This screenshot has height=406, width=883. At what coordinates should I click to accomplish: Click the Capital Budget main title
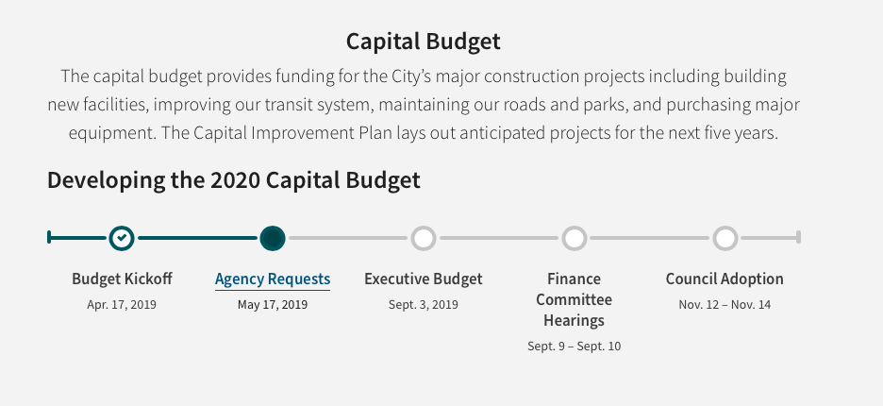coord(423,42)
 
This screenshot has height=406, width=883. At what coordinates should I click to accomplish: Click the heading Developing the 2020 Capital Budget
coord(234,180)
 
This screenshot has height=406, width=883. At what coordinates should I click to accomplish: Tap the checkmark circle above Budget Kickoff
coord(122,238)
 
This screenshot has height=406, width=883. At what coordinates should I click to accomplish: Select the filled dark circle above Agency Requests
coord(273,238)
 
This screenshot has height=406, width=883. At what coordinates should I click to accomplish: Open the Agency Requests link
coord(273,279)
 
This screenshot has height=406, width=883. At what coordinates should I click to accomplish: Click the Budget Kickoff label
coord(122,279)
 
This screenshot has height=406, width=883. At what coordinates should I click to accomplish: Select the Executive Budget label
coord(424,279)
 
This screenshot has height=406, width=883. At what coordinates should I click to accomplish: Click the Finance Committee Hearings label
coord(575,299)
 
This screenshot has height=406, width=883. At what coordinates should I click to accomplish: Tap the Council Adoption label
coord(725,279)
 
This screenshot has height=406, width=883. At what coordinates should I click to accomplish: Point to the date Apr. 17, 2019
coord(122,304)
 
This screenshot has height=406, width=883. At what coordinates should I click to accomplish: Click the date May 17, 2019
coord(273,304)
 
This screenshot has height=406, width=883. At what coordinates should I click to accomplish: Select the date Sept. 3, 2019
coord(424,304)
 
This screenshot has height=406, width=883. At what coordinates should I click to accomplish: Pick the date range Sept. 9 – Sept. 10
coord(575,347)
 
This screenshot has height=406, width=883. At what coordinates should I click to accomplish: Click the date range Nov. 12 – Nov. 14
coord(725,304)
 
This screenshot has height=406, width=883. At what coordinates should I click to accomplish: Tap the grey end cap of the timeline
coord(798,237)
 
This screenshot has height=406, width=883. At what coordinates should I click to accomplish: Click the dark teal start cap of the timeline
coord(50,237)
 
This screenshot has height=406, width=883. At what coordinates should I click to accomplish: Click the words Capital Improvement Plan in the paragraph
coord(292,133)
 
